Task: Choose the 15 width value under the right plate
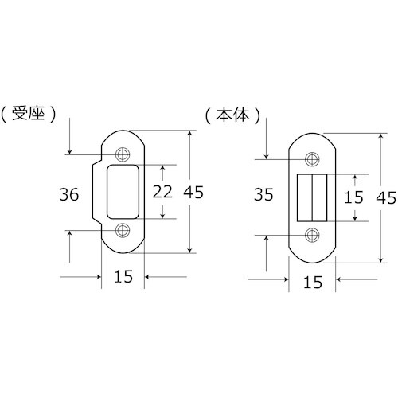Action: pos(312,281)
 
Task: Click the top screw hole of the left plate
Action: pos(123,154)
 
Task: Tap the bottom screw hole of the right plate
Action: pos(312,234)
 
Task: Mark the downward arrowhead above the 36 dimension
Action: pos(71,151)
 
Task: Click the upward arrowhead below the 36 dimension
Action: pos(71,233)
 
